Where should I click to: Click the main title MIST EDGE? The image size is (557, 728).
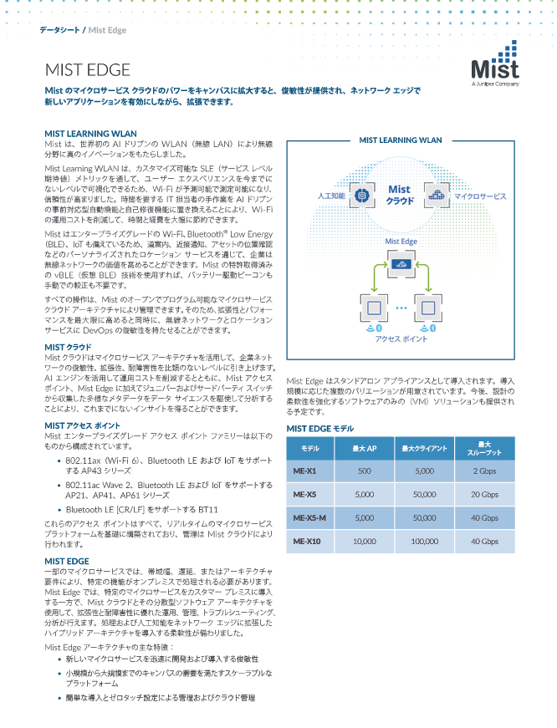click(88, 69)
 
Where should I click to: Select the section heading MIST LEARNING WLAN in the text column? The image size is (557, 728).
click(89, 134)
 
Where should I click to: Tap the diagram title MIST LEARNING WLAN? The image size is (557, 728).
click(400, 140)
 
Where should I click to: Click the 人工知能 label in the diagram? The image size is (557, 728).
click(331, 196)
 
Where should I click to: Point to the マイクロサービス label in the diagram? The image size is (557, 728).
click(480, 196)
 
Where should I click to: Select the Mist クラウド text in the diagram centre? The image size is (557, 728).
click(400, 196)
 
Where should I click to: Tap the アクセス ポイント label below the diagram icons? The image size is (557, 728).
click(401, 339)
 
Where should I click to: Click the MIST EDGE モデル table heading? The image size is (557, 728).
click(320, 429)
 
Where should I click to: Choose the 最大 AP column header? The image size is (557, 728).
click(365, 449)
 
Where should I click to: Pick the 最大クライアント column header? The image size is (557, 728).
click(424, 449)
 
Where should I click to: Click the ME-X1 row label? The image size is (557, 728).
click(304, 470)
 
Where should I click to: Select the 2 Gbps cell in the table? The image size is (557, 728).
click(484, 470)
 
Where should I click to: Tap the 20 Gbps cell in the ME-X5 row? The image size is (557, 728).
click(484, 494)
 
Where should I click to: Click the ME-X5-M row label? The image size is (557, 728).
click(309, 517)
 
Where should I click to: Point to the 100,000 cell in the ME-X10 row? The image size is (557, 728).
click(424, 542)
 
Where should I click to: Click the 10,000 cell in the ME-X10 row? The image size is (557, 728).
click(365, 542)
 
